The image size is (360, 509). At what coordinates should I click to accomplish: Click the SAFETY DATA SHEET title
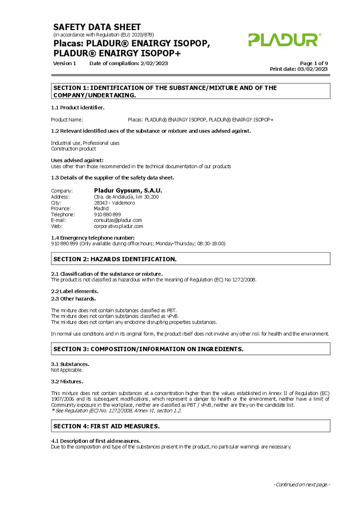click(x=97, y=27)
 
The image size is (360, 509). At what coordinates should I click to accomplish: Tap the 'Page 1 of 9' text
click(x=314, y=63)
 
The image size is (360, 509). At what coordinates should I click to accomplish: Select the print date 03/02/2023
click(x=313, y=69)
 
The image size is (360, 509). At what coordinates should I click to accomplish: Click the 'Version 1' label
click(x=65, y=63)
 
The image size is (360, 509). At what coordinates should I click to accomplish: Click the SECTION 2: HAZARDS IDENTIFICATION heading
click(x=115, y=259)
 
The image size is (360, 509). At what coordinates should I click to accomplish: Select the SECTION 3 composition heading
click(x=148, y=349)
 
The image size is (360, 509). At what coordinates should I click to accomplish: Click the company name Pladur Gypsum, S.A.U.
click(x=128, y=190)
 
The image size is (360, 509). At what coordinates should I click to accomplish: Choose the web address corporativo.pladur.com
click(x=118, y=226)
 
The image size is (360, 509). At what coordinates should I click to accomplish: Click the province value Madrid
click(x=101, y=208)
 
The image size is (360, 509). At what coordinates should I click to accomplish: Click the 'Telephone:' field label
click(x=63, y=214)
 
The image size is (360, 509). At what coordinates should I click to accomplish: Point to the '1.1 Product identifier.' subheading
click(x=77, y=107)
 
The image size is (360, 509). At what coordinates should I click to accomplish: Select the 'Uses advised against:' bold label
click(x=77, y=160)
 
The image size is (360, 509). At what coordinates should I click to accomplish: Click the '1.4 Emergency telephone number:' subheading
click(x=93, y=238)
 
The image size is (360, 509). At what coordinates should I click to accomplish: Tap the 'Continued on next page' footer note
click(x=301, y=485)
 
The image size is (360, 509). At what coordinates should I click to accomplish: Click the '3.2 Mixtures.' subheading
click(x=67, y=381)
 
